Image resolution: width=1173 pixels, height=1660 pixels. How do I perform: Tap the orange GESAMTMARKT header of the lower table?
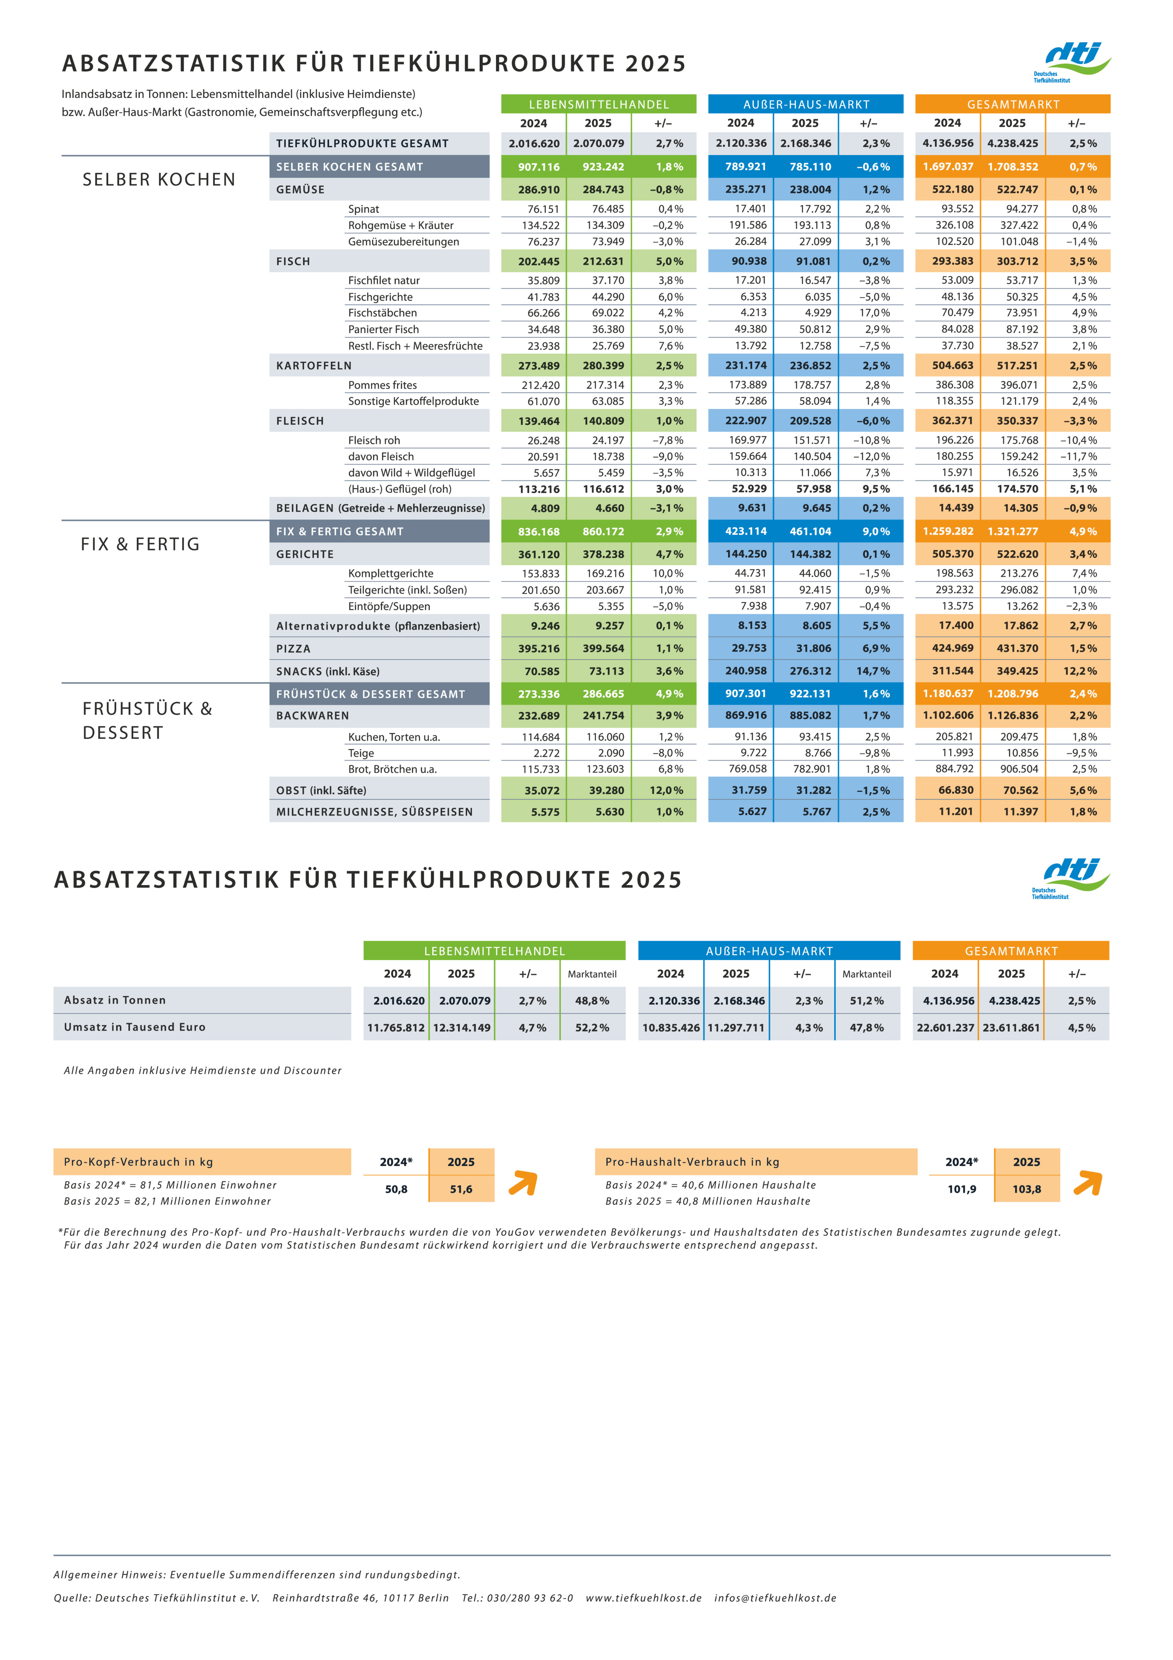pyautogui.click(x=1011, y=951)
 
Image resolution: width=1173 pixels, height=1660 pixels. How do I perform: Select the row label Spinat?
pyautogui.click(x=364, y=209)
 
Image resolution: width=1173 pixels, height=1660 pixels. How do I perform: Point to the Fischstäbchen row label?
pyautogui.click(x=382, y=313)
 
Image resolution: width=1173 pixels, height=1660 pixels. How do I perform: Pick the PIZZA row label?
pyautogui.click(x=293, y=649)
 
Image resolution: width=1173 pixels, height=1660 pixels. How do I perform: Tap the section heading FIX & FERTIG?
pyautogui.click(x=140, y=544)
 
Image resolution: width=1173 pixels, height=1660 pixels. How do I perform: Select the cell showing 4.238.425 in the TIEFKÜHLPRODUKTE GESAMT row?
pyautogui.click(x=1013, y=143)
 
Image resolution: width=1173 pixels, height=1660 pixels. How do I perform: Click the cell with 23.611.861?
pyautogui.click(x=1011, y=1027)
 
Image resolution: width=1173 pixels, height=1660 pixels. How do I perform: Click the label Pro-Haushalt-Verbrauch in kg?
pyautogui.click(x=692, y=1162)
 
